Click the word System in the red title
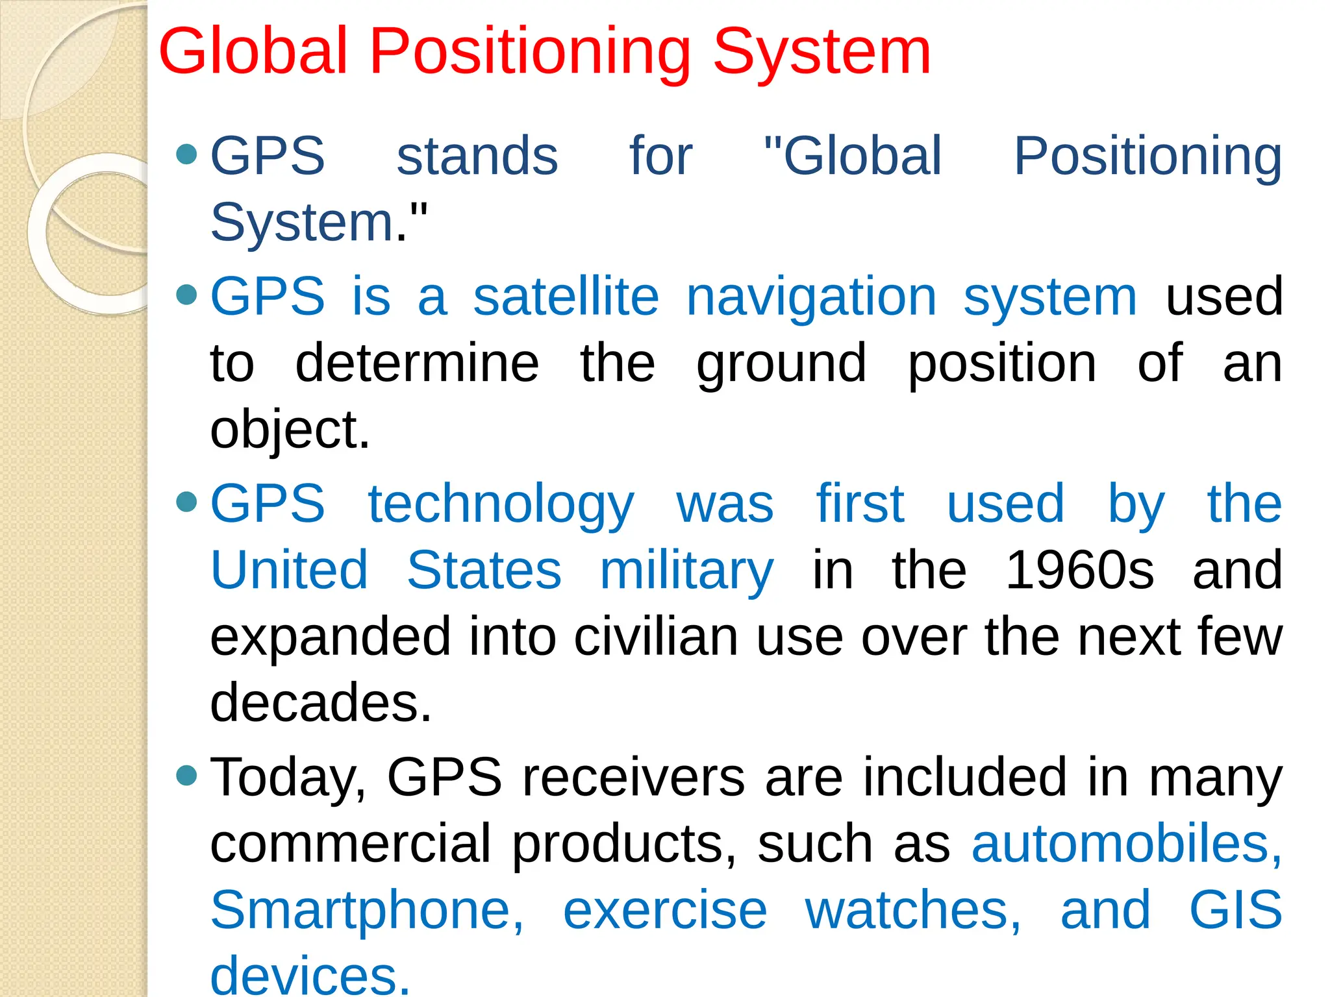822,52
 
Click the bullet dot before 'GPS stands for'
186,154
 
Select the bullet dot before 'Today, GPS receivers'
186,775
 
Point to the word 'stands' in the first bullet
477,156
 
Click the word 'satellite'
566,297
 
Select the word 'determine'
417,363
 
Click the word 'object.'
290,430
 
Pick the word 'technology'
501,505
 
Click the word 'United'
290,570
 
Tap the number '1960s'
1079,570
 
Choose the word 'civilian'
656,637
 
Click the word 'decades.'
321,702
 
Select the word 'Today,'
289,778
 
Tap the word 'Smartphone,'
367,911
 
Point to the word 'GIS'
1235,910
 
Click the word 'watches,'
913,911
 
